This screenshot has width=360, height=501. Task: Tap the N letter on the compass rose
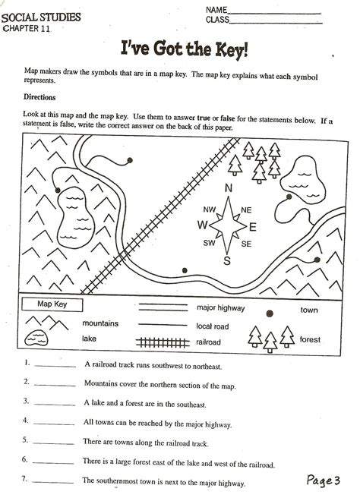coord(227,189)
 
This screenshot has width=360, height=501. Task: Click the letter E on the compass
coord(252,226)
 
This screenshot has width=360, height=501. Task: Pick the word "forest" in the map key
coord(310,339)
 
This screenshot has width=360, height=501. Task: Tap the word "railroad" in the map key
coord(208,342)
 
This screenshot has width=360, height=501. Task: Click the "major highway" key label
coord(220,308)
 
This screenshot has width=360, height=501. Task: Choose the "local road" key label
coord(213,325)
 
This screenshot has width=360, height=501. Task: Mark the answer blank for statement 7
coord(55,481)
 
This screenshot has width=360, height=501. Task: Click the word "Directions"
coord(39,97)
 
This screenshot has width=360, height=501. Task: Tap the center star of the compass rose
coord(226,225)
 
